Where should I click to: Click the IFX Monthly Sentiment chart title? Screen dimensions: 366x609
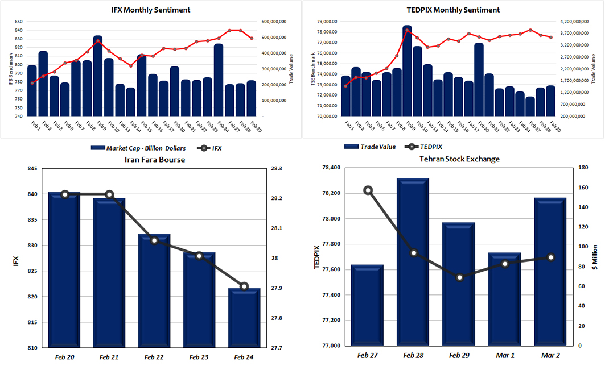click(151, 10)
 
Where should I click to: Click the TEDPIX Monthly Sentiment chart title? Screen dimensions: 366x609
click(454, 10)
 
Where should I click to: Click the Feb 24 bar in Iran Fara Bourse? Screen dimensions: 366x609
click(244, 318)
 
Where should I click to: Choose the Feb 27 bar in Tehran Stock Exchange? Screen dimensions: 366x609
click(368, 306)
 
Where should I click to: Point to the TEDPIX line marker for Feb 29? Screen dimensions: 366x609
click(460, 277)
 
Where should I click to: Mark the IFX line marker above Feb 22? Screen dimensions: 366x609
click(154, 240)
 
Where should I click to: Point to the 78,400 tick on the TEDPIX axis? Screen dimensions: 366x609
click(327, 168)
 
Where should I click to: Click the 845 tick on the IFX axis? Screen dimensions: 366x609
click(31, 169)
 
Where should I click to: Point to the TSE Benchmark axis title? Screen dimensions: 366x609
click(312, 69)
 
